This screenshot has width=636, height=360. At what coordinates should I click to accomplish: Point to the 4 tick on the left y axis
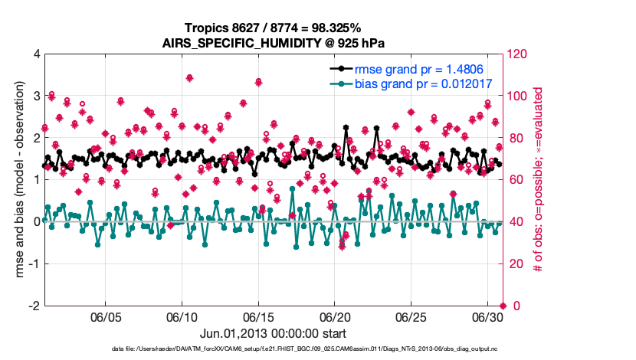coord(36,55)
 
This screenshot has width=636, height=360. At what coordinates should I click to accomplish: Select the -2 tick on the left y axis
coord(34,306)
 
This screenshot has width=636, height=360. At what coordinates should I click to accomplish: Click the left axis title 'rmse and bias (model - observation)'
coord(15,180)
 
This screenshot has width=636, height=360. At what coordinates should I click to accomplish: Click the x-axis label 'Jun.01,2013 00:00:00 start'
coord(273,333)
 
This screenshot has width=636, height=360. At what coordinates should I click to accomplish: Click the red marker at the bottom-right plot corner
coord(503,306)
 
